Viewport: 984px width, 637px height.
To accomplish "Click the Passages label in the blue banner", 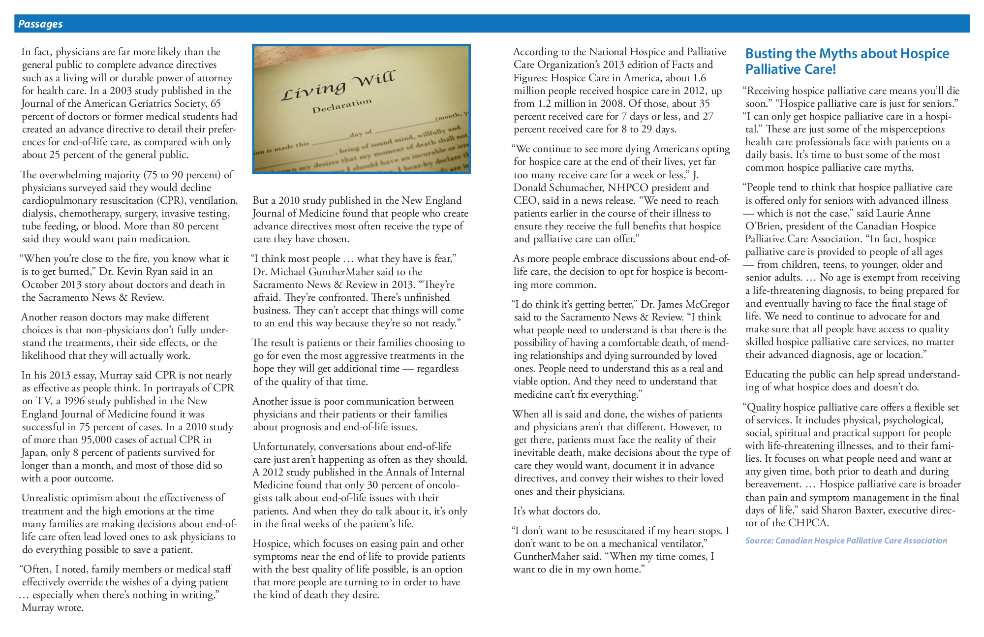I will (40, 24).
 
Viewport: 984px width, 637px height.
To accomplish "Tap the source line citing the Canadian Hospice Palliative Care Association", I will (846, 541).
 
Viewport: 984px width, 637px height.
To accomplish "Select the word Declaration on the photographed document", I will (341, 105).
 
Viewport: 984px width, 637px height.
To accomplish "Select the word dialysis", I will (38, 213).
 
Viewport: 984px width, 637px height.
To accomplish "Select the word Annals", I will (384, 472).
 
